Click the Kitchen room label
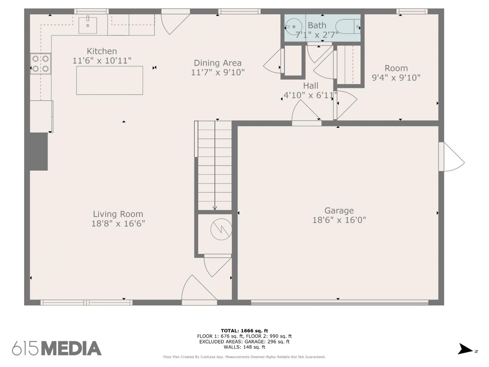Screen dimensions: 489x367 102,51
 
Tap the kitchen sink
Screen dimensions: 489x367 88,25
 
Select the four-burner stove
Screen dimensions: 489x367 40,64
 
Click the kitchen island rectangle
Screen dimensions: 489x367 110,81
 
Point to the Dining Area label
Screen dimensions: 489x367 218,63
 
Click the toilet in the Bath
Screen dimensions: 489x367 348,26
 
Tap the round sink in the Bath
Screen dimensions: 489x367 294,27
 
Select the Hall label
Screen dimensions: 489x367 311,85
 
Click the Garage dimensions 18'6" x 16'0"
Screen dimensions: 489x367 339,220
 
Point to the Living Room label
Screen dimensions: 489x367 118,214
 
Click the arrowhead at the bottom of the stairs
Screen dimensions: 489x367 215,208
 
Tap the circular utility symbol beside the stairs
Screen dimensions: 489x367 221,229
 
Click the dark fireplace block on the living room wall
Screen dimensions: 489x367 38,151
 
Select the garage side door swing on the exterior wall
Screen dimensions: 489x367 452,157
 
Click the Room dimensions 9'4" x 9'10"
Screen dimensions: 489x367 396,78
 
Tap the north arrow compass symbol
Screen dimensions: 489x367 465,349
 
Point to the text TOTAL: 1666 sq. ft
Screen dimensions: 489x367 244,331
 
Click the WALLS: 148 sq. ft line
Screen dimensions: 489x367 244,347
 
